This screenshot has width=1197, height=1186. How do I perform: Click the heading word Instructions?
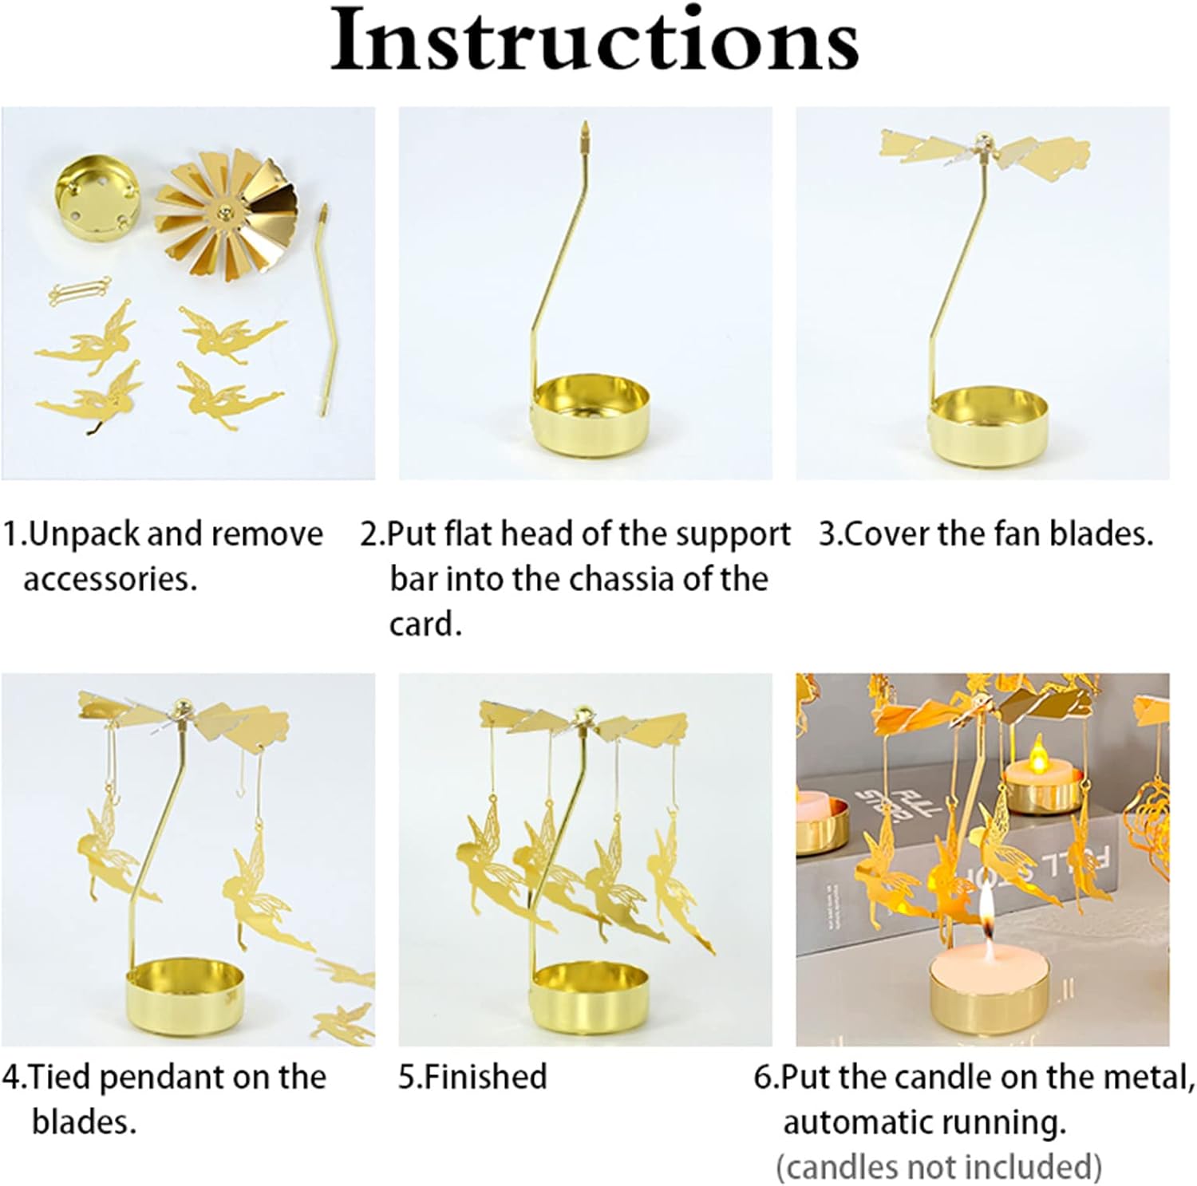point(595,41)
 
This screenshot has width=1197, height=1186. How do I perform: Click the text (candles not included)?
point(938,1168)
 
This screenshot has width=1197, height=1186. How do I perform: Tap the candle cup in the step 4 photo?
point(184,998)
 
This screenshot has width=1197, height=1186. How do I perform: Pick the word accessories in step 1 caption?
point(110,579)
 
